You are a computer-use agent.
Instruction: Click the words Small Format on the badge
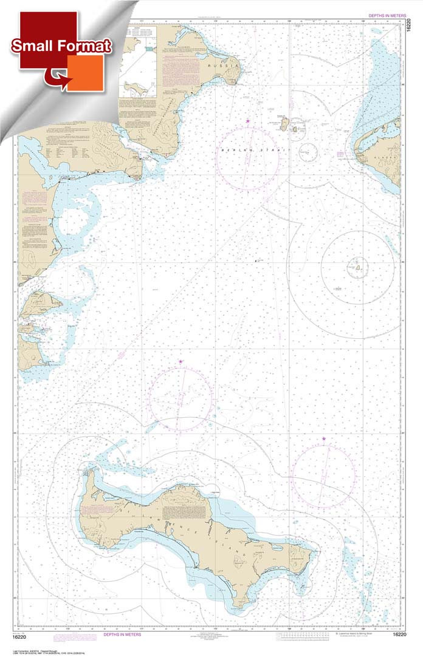tap(60, 46)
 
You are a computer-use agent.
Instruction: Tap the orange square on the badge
tap(85, 73)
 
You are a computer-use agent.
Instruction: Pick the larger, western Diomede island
tap(283, 124)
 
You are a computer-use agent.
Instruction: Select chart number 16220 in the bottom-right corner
tap(401, 635)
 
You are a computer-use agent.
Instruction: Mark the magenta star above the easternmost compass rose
tap(323, 438)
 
